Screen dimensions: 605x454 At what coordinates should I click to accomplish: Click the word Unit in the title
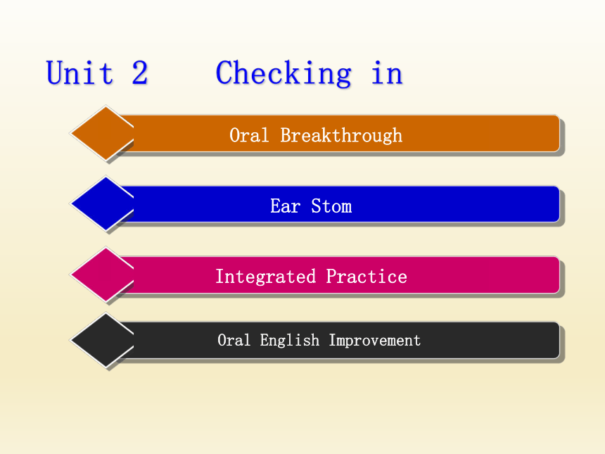pyautogui.click(x=80, y=72)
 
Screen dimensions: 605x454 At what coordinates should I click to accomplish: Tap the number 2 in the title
pyautogui.click(x=140, y=72)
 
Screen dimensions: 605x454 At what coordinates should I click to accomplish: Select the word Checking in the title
pyautogui.click(x=284, y=73)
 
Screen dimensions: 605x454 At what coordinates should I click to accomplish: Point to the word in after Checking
pyautogui.click(x=387, y=72)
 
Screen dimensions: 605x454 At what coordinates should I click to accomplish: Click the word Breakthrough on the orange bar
pyautogui.click(x=341, y=136)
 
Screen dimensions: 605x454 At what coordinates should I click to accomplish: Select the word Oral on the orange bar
pyautogui.click(x=249, y=135)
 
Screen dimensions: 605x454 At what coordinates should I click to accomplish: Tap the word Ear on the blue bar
pyautogui.click(x=285, y=206)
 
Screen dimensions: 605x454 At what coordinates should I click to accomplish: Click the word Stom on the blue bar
pyautogui.click(x=331, y=206)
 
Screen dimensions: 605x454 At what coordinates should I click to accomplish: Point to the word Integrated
pyautogui.click(x=265, y=277)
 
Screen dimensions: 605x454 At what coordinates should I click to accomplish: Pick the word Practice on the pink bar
pyautogui.click(x=366, y=277)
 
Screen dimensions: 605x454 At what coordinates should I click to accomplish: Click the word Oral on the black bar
pyautogui.click(x=234, y=340)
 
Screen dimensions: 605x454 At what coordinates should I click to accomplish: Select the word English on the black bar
pyautogui.click(x=289, y=341)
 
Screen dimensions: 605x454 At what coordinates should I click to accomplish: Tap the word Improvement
pyautogui.click(x=375, y=341)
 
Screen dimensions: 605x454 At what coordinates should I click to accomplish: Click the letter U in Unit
pyautogui.click(x=55, y=72)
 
